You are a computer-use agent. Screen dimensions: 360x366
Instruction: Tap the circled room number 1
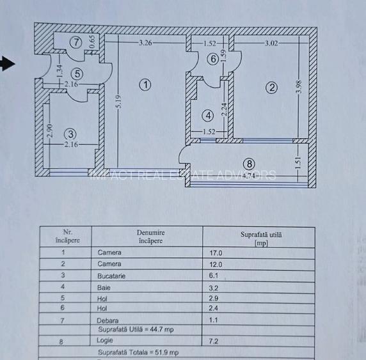(145, 84)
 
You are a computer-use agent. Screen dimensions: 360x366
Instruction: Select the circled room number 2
(271, 88)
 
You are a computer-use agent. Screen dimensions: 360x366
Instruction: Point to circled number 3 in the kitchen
(70, 134)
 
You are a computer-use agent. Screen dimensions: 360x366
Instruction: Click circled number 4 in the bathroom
(207, 116)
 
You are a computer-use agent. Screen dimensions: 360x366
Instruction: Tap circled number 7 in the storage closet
(76, 43)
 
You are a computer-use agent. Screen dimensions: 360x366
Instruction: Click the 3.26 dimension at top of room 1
(145, 43)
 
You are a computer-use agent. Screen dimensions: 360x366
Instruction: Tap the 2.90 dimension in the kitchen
(49, 131)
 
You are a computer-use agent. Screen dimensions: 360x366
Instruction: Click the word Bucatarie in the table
(111, 276)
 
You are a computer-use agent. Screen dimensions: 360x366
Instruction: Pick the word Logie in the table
(105, 341)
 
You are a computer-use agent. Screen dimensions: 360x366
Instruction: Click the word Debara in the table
(109, 320)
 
